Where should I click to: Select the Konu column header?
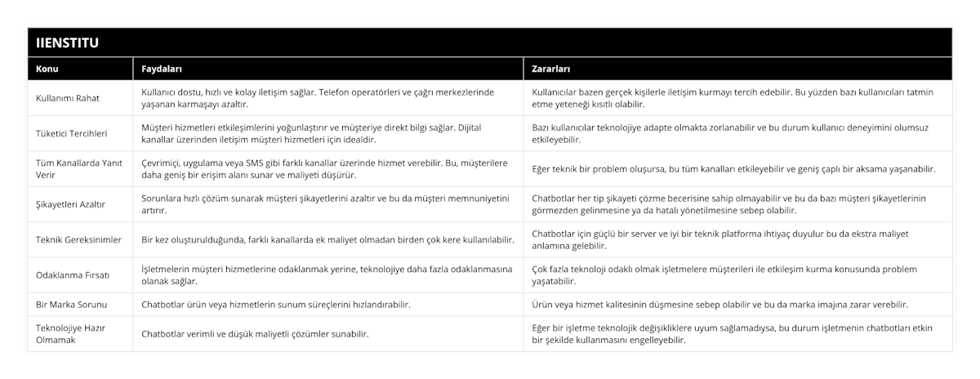[47, 69]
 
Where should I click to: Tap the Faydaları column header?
[162, 69]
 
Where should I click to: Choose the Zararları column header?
[551, 69]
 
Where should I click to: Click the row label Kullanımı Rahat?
[69, 98]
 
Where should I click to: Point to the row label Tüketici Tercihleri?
[72, 133]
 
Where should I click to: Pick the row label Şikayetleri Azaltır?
[70, 204]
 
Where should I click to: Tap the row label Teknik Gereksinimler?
[78, 239]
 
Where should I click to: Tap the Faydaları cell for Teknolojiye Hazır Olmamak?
[255, 333]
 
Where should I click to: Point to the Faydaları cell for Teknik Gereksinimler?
[327, 239]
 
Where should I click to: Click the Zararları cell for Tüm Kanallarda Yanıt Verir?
[733, 169]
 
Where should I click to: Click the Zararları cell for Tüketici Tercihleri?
[730, 133]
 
